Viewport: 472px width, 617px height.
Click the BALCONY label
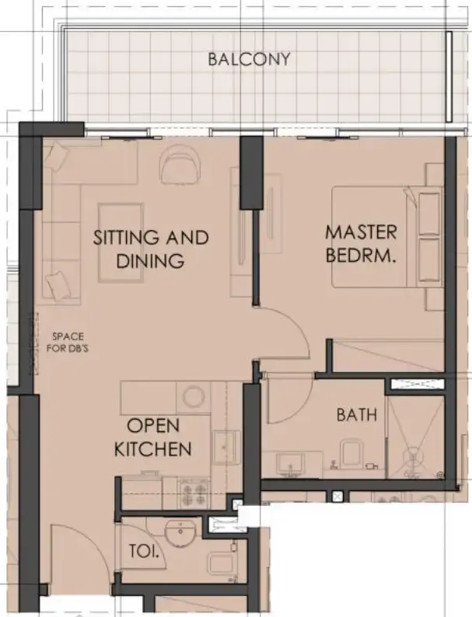coord(248,59)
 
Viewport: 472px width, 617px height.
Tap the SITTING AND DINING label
coord(151,249)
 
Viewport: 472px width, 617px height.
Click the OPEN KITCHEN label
coord(152,437)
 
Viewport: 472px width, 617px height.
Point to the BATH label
coord(356,415)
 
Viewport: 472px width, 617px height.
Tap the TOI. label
coord(145,553)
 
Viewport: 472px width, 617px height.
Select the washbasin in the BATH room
coord(292,463)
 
